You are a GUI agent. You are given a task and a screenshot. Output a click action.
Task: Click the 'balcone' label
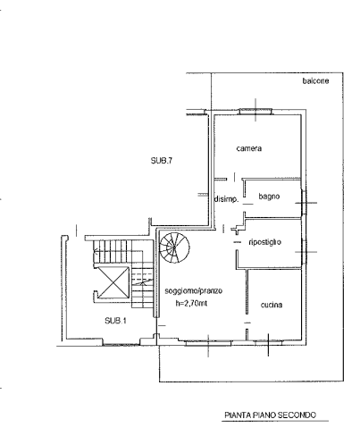[315, 81]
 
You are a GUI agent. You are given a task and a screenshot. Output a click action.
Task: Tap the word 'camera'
[249, 148]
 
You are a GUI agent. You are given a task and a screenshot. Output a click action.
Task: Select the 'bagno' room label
[269, 197]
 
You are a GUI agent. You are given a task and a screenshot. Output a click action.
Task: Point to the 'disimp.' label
[227, 199]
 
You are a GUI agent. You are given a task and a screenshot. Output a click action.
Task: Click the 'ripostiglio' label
[264, 242]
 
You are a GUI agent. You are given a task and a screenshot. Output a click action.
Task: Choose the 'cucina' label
[272, 305]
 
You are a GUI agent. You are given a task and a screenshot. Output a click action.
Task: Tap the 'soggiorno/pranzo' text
[194, 290]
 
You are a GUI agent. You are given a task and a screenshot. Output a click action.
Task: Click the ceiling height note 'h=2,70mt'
[191, 304]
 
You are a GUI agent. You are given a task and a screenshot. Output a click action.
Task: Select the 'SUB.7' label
[162, 161]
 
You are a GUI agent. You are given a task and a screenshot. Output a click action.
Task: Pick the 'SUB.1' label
[115, 321]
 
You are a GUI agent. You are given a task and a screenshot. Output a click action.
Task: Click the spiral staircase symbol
[174, 247]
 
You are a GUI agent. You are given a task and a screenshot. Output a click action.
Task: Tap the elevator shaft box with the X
[113, 282]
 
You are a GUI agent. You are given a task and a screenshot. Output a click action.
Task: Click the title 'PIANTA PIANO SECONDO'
[270, 415]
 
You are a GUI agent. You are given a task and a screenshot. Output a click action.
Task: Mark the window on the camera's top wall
[255, 112]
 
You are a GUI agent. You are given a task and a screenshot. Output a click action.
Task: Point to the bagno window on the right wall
[304, 203]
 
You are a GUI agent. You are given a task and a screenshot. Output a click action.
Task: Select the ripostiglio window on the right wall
[304, 252]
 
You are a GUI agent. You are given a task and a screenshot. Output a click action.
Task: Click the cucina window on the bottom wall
[268, 342]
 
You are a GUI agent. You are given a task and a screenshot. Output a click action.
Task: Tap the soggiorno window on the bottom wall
[208, 343]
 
